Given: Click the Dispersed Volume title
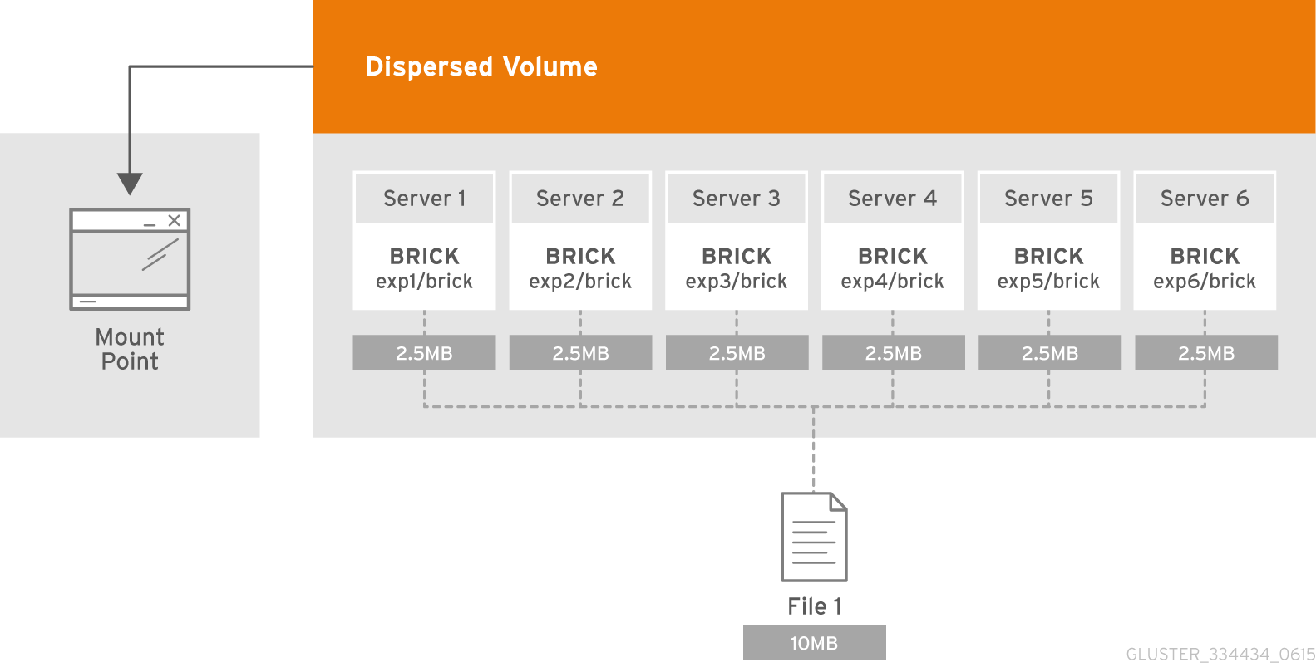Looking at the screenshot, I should pos(481,66).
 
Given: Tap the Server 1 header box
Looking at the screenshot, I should pos(424,199).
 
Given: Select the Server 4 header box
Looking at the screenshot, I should pos(892,199).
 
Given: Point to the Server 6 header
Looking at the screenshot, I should pos(1205,199).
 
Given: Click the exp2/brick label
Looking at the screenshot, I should pos(580,282).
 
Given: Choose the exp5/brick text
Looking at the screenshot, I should pos(1048,282).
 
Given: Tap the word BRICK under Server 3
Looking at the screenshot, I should pos(737,256).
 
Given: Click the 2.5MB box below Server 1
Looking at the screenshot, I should pos(424,353).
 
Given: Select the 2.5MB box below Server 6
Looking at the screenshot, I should pos(1205,353).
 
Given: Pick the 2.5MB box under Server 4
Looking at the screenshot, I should pos(893,353).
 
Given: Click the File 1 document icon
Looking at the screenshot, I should pos(814,537).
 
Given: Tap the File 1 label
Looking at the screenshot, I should pos(814,606).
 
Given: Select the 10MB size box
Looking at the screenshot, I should pos(814,643).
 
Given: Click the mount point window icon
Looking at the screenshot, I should pos(130,258).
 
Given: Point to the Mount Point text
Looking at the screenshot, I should pos(130,349).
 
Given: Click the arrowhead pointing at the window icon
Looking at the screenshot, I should pos(130,183).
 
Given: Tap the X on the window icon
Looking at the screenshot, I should pos(174,220).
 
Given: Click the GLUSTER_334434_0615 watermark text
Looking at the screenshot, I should pos(1220,655).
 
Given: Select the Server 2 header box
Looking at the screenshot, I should pos(580,199).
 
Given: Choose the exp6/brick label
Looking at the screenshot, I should pos(1205,282).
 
